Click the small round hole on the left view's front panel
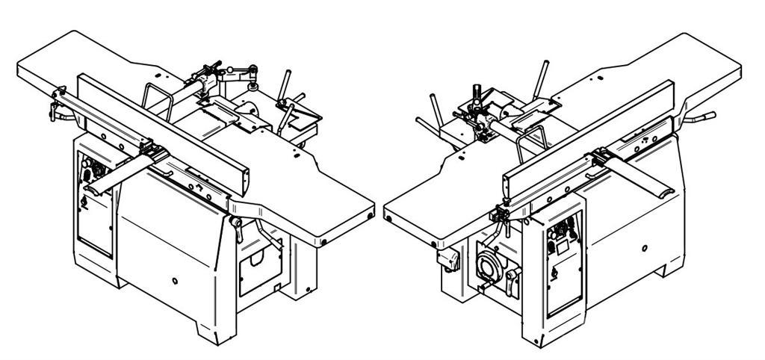click(174, 281)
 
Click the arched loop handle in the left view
click(158, 98)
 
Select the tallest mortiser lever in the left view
click(287, 82)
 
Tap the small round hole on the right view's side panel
click(643, 246)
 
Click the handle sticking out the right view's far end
click(703, 118)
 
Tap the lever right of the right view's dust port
click(514, 281)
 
